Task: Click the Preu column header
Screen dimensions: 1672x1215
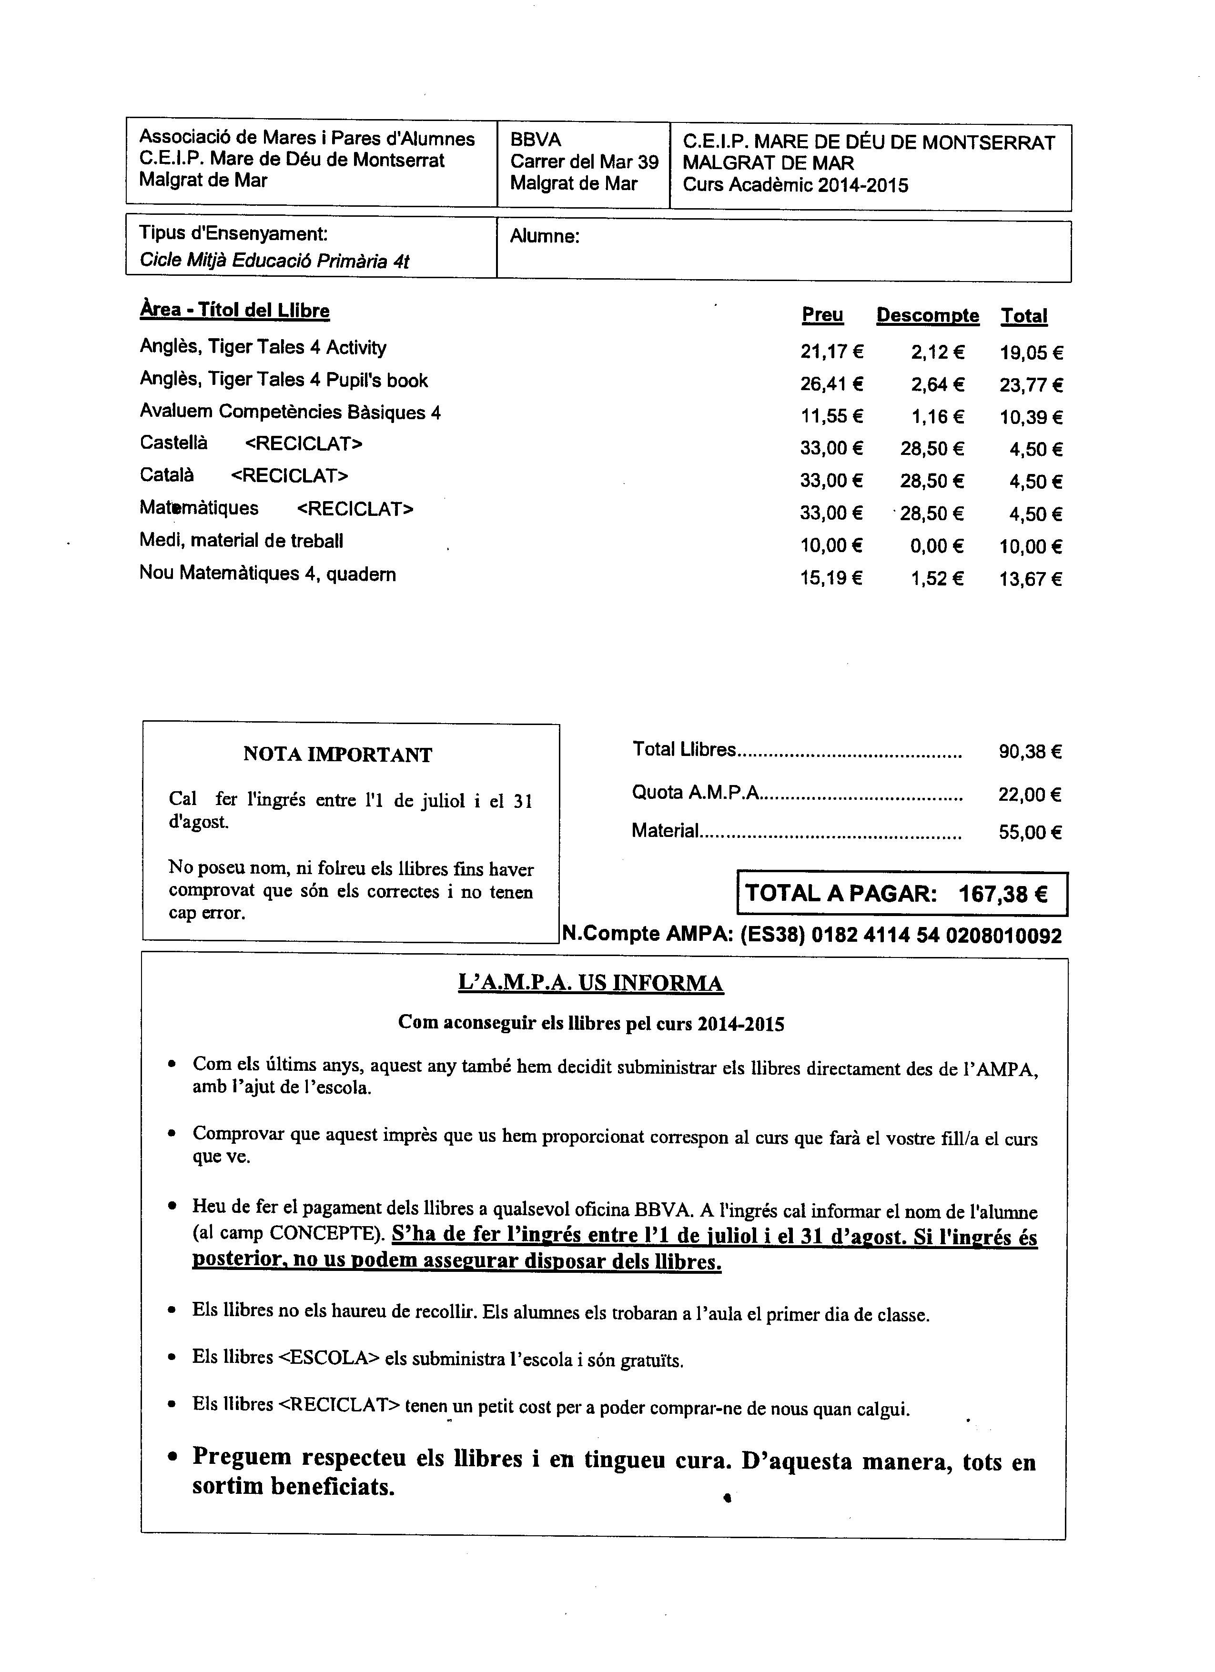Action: coord(822,315)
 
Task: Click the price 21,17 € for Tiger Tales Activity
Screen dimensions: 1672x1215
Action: coord(831,353)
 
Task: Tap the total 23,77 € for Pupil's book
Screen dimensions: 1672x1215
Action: coord(1031,385)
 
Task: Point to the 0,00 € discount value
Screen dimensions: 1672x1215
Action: coord(936,546)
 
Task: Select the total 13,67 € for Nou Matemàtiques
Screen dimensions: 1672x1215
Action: coord(1030,579)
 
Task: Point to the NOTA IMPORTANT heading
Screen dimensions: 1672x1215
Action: coord(338,755)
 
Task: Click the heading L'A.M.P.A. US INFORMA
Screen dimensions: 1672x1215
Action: coord(590,984)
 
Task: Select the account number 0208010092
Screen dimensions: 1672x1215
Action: coord(1003,936)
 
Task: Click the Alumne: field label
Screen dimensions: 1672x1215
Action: coord(545,237)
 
